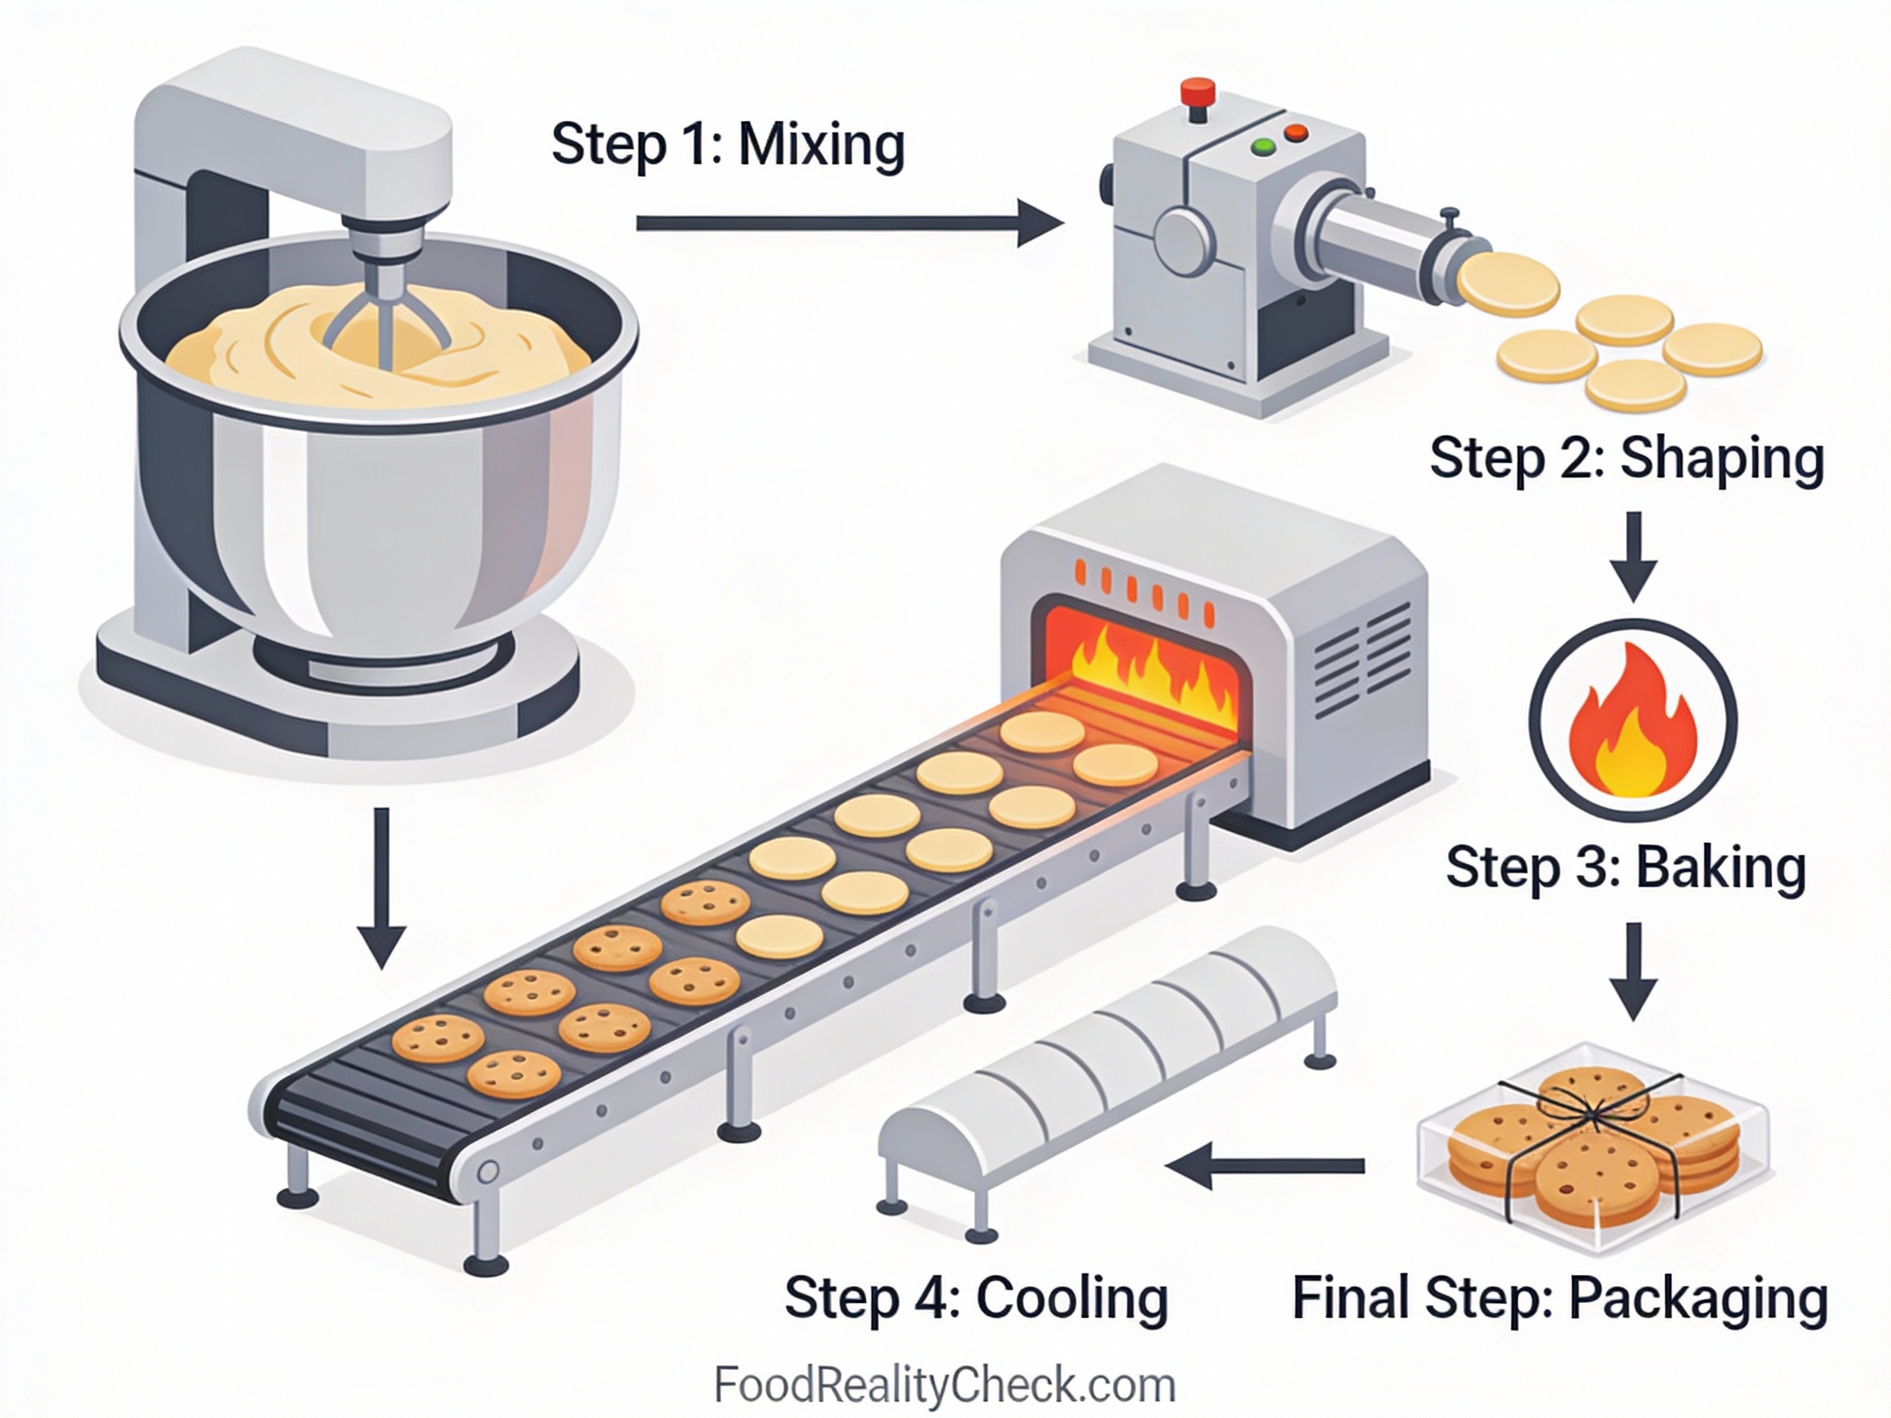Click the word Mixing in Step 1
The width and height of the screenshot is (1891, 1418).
click(821, 145)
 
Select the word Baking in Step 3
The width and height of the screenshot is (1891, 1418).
click(1720, 867)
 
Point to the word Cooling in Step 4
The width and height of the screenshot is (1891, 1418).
click(1072, 1297)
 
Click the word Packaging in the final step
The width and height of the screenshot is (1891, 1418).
click(1697, 1297)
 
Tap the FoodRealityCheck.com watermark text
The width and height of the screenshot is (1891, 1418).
click(945, 1385)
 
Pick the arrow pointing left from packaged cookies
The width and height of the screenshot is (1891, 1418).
click(1266, 1166)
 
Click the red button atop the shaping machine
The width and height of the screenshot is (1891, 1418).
click(1197, 90)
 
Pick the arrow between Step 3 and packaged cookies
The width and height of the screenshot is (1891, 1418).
click(1633, 970)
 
